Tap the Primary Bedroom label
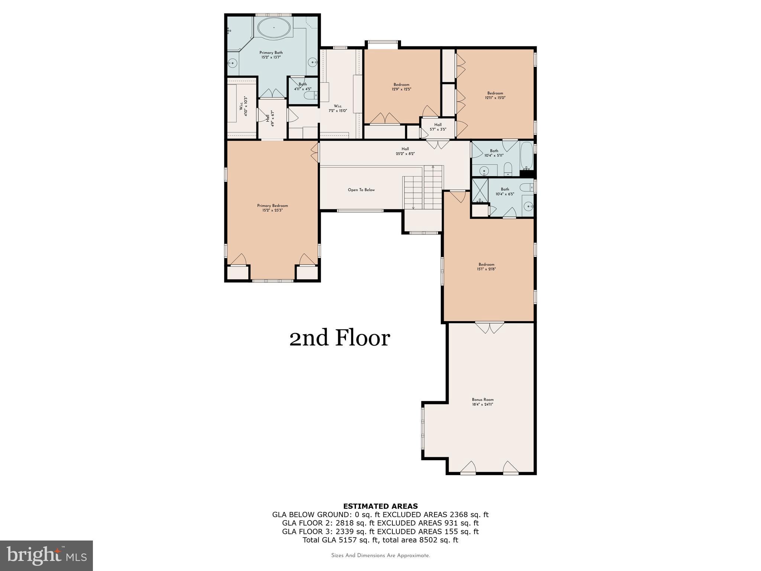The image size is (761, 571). pos(272,208)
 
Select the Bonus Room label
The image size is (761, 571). pos(483,402)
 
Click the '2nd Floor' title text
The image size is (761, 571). pos(340,338)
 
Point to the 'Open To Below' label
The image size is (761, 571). pos(361,190)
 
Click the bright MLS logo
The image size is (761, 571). pos(46,556)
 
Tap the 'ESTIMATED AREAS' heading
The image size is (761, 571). pos(380,506)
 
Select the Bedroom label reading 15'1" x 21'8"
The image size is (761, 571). pos(486,267)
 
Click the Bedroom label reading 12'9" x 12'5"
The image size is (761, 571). pos(401,87)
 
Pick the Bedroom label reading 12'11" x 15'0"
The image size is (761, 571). pos(495,95)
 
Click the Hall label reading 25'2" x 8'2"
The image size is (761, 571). pos(405,151)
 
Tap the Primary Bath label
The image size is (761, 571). pos(271,55)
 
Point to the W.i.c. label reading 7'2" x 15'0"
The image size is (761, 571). pos(337,108)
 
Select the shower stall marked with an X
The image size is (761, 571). pos(480,191)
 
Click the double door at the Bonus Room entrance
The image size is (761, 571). pos(490,328)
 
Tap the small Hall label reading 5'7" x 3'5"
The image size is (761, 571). pos(438,127)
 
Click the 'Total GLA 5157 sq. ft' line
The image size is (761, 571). pos(380,540)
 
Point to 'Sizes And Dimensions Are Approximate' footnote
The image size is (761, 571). pos(380,555)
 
